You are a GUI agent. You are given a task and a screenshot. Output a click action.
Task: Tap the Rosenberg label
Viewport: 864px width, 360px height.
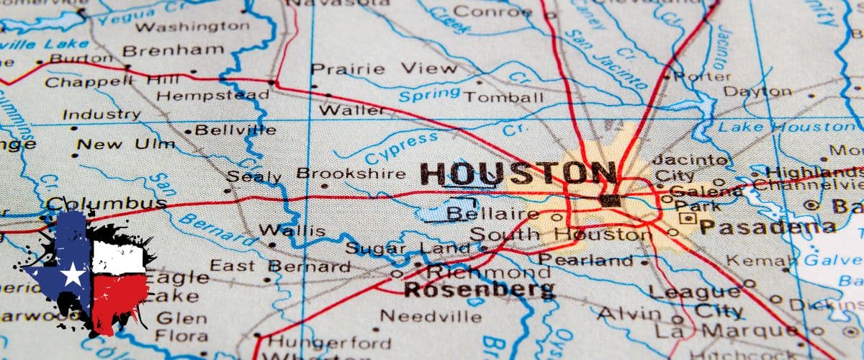(x=479, y=290)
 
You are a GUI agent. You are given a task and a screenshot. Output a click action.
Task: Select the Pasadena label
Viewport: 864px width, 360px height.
(x=768, y=228)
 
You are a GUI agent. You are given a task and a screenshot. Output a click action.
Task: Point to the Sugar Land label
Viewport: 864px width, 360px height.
(x=408, y=249)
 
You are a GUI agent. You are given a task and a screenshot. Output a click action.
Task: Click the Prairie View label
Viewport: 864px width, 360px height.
(x=383, y=69)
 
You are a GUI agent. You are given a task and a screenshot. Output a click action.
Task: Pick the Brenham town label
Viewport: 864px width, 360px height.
(x=173, y=50)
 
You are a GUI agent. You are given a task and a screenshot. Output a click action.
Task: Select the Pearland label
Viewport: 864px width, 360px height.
(x=585, y=260)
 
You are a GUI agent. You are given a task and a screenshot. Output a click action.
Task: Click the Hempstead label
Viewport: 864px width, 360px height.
(x=212, y=95)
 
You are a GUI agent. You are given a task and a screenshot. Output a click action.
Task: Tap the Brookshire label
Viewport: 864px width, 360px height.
(x=351, y=174)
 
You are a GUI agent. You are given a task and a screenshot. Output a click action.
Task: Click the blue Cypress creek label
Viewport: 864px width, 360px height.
(x=401, y=148)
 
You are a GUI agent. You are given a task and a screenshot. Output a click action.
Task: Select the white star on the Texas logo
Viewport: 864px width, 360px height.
(x=73, y=274)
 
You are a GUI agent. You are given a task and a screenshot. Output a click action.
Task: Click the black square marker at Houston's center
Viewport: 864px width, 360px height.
(x=610, y=201)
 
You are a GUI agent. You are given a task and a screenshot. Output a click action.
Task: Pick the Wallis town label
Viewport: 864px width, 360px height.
(x=292, y=231)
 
